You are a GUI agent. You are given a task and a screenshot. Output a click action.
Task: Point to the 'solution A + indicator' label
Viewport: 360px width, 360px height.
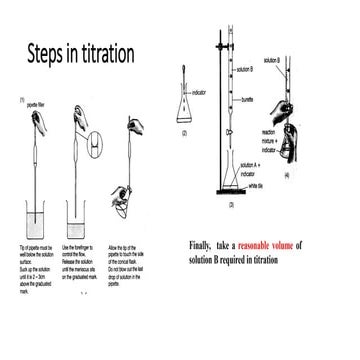point(252,168)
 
